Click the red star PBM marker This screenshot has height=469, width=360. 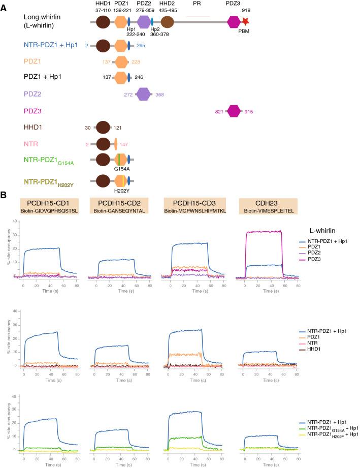pyautogui.click(x=246, y=21)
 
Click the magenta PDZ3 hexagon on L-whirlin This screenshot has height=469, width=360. pyautogui.click(x=234, y=21)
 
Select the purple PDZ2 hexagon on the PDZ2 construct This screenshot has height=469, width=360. pyautogui.click(x=144, y=94)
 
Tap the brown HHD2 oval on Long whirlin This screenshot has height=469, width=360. pyautogui.click(x=168, y=21)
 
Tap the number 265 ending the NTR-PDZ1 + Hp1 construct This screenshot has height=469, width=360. pyautogui.click(x=141, y=46)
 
